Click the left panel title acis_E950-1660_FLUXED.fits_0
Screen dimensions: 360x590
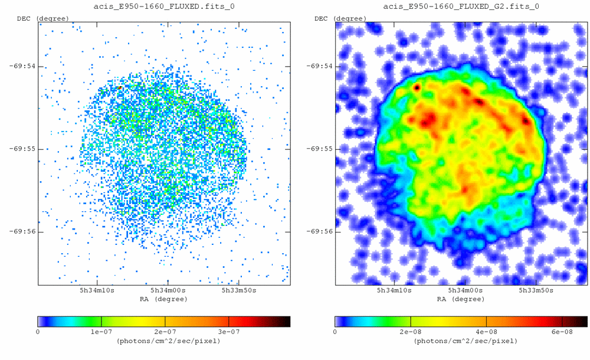164,6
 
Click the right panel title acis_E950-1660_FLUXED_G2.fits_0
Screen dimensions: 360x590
461,6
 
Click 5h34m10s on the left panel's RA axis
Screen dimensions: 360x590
97,291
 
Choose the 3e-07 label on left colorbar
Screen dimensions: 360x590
228,332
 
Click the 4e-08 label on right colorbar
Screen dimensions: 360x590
486,332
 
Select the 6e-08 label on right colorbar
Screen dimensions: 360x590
562,332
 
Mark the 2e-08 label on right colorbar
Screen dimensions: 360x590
411,332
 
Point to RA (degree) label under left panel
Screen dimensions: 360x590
164,299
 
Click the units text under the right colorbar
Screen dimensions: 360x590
461,341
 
